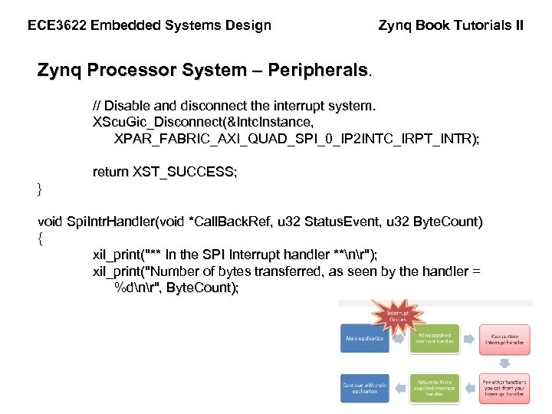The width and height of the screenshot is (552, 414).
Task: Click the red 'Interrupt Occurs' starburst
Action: pyautogui.click(x=397, y=315)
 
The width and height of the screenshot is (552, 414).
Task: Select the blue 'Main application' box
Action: pyautogui.click(x=365, y=339)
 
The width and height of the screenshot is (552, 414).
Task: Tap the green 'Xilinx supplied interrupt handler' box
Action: pyautogui.click(x=435, y=339)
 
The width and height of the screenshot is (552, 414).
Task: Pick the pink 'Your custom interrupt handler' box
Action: pyautogui.click(x=504, y=339)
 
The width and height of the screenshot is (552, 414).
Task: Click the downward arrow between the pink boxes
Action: pyautogui.click(x=504, y=363)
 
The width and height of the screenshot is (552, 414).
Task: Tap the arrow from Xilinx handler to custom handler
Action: pyautogui.click(x=469, y=339)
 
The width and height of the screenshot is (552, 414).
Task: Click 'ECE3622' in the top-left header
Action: pyautogui.click(x=57, y=25)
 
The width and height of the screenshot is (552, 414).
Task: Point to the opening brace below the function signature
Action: pyautogui.click(x=40, y=238)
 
